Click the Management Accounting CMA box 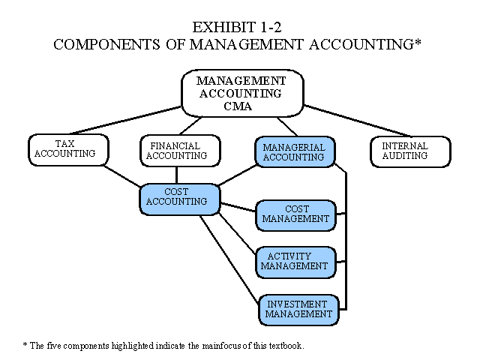pos(241,93)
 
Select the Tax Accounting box pos(66,149)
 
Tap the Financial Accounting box pos(180,151)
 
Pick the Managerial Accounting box pos(295,151)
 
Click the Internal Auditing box pos(410,151)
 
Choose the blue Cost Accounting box pos(179,197)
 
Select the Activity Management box pos(295,261)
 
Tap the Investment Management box pos(298,309)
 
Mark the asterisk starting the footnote pos(25,346)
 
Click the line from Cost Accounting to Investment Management pos(229,259)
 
